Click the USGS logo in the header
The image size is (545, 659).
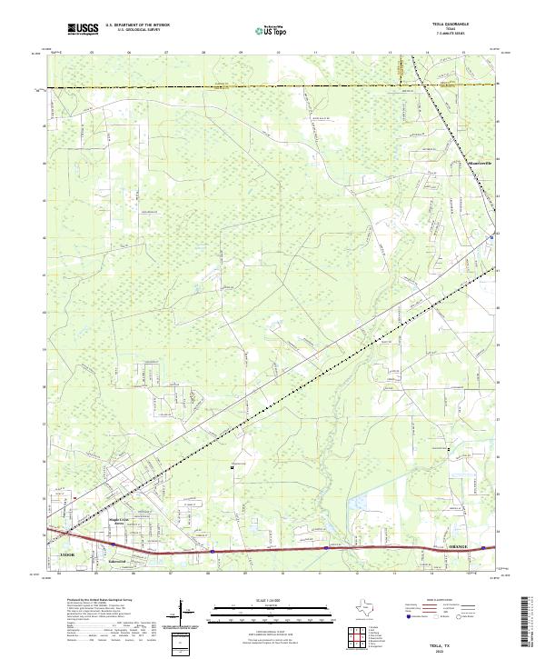[x=83, y=29]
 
